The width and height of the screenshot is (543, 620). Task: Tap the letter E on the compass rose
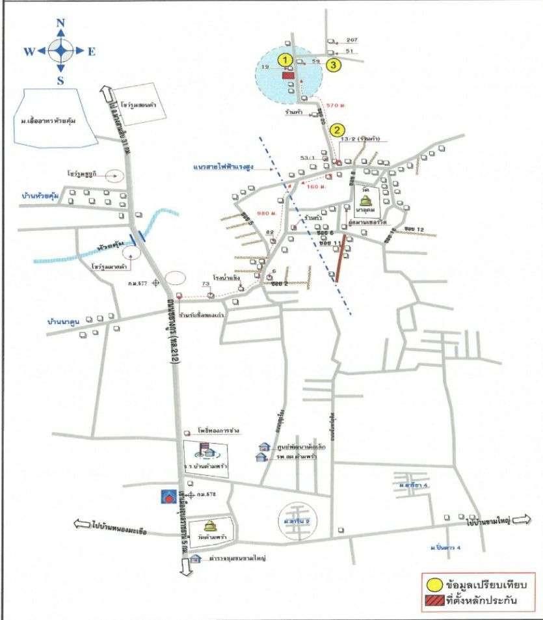click(x=92, y=51)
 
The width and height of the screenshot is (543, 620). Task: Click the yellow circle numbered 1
click(x=284, y=59)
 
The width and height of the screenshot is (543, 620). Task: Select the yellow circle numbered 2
click(x=336, y=129)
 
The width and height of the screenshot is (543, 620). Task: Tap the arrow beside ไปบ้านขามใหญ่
click(x=522, y=520)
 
